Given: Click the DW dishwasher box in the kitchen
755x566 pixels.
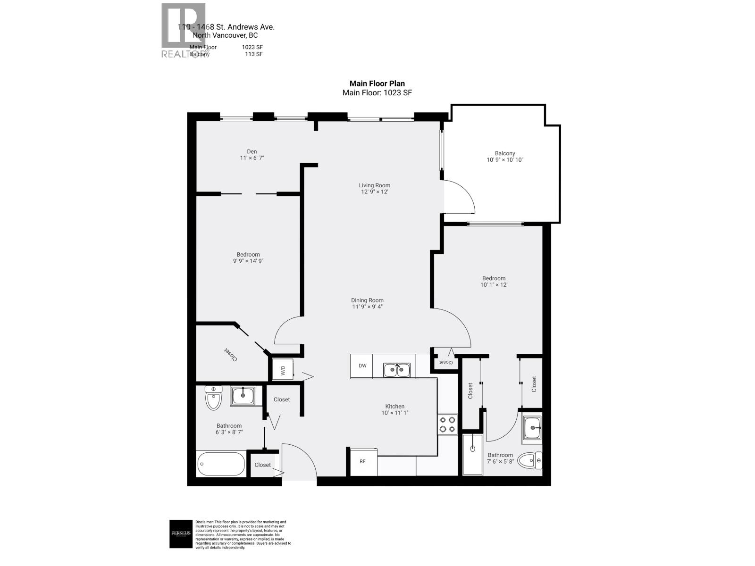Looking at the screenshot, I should pyautogui.click(x=361, y=366).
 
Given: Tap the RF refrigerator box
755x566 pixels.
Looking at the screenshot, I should pyautogui.click(x=362, y=461).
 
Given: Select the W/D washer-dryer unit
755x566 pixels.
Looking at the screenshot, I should pyautogui.click(x=283, y=370).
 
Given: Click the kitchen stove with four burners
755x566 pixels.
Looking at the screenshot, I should pyautogui.click(x=447, y=424).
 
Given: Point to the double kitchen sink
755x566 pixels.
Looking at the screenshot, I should pyautogui.click(x=397, y=370).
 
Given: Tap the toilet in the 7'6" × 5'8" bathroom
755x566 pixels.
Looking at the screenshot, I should pyautogui.click(x=530, y=460).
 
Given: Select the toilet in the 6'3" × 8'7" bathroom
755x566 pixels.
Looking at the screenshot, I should pyautogui.click(x=213, y=399).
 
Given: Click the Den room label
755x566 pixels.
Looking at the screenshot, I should pyautogui.click(x=252, y=151).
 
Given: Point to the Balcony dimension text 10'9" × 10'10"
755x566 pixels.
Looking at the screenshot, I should pyautogui.click(x=505, y=160).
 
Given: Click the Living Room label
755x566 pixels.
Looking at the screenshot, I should pyautogui.click(x=375, y=185).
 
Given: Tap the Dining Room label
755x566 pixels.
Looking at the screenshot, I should pyautogui.click(x=367, y=300).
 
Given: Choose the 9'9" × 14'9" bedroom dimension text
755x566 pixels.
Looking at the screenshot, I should pyautogui.click(x=248, y=261).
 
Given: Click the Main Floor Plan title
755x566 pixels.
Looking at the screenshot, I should pyautogui.click(x=377, y=84).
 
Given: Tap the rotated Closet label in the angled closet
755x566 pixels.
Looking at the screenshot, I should pyautogui.click(x=230, y=355).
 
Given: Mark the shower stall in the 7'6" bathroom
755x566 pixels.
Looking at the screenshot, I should pyautogui.click(x=472, y=454).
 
